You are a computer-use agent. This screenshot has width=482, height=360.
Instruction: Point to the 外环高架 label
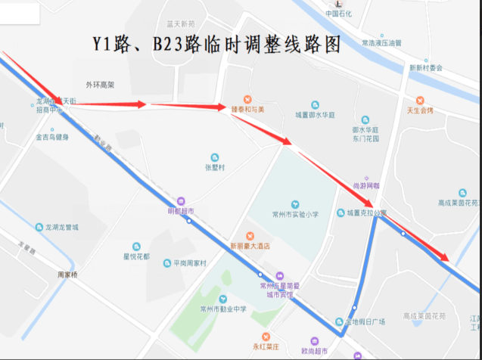point(100,84)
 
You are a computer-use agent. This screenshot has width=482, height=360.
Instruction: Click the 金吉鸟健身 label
point(51,137)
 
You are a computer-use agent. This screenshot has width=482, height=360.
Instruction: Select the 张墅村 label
point(215,167)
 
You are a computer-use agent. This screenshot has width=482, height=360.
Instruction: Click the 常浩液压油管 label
point(381,43)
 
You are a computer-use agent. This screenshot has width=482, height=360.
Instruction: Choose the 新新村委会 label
point(426,67)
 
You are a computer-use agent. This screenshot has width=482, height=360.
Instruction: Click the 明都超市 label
point(181,211)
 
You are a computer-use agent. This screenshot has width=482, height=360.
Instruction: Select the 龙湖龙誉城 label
point(61,227)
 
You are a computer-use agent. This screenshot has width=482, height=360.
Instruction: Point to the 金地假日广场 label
point(365,321)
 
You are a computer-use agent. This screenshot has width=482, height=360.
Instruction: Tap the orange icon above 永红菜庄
point(266,336)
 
